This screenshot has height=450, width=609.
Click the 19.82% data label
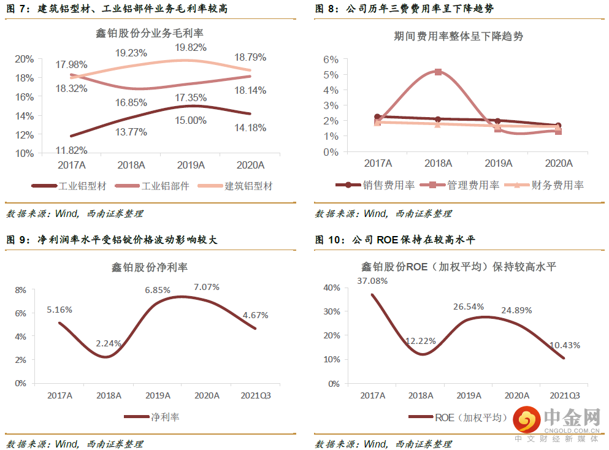(191, 47)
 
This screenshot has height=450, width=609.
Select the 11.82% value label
(71, 150)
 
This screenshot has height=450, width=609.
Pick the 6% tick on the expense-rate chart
(331, 59)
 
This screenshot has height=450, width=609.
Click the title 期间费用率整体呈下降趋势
(458, 36)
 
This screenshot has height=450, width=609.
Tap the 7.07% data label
(206, 286)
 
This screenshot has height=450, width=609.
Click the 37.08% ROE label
(373, 281)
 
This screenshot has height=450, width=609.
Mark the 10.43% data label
(565, 345)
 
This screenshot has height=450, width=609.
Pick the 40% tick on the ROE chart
(331, 288)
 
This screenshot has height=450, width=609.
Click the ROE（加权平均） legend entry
(471, 418)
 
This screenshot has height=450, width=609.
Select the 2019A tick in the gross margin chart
(191, 165)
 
